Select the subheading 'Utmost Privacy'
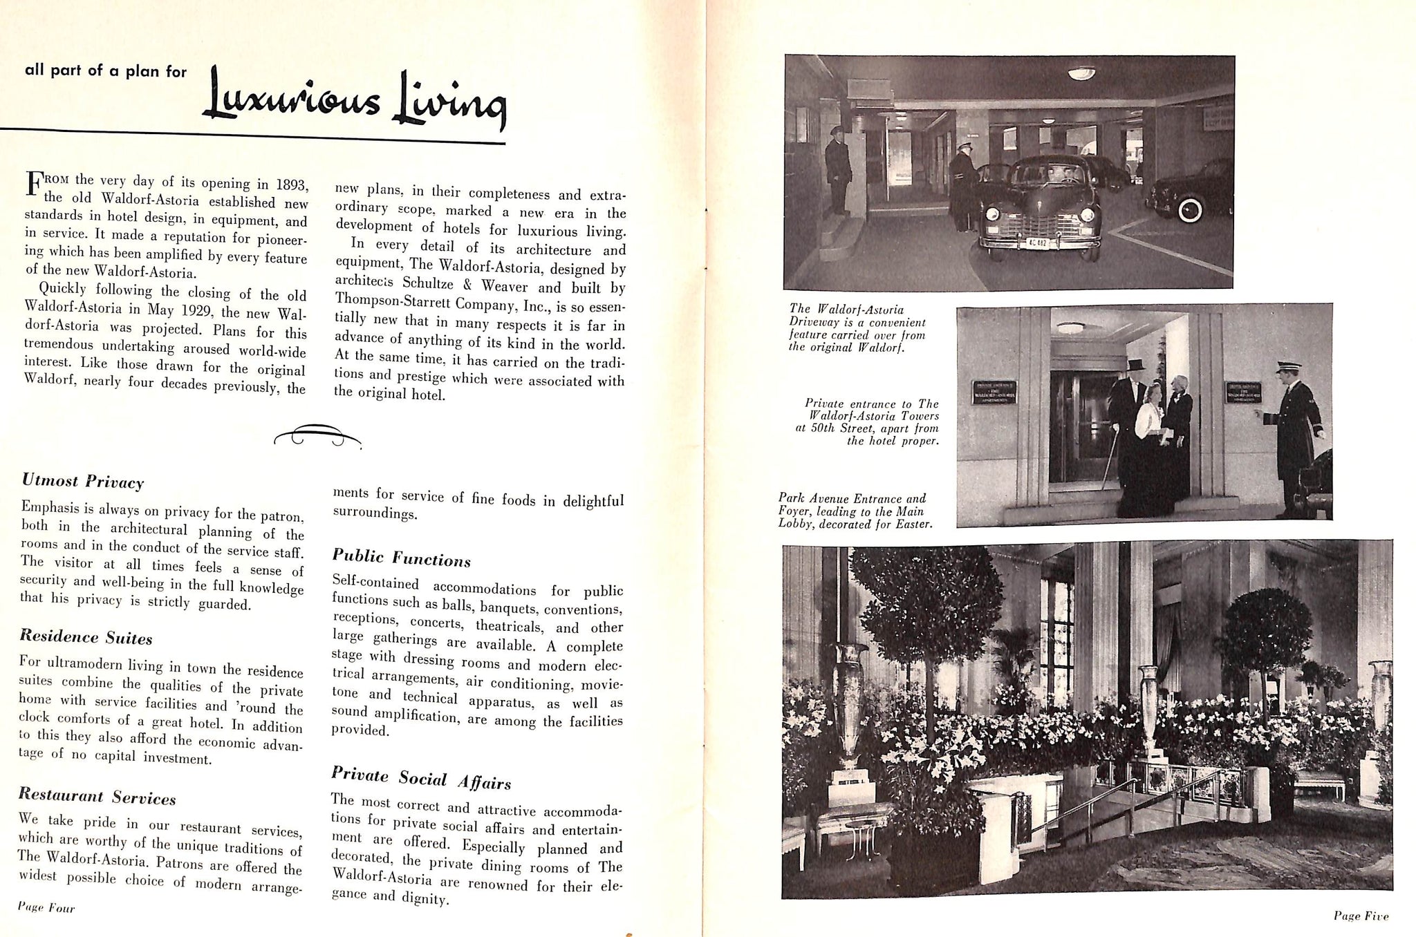82,481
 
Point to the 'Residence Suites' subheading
86,636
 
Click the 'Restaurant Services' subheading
97,797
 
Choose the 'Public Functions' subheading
401,557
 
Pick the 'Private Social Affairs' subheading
420,778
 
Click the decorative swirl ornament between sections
317,435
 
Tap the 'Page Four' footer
47,908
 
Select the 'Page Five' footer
1361,916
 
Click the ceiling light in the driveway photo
1081,72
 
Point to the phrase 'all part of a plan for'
105,70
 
